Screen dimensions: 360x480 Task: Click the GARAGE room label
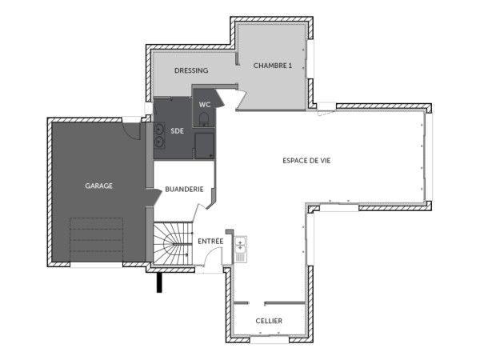click(x=99, y=186)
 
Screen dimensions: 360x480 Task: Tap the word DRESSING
click(x=191, y=70)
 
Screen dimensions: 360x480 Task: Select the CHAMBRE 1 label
click(x=272, y=65)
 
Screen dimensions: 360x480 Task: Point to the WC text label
click(x=205, y=104)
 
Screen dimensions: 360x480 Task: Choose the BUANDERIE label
click(x=184, y=190)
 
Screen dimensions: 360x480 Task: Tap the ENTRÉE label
click(x=210, y=240)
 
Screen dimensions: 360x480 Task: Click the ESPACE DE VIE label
click(x=306, y=160)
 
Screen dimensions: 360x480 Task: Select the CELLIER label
click(x=269, y=321)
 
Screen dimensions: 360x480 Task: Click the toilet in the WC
click(x=206, y=120)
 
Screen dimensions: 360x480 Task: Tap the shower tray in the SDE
click(x=205, y=145)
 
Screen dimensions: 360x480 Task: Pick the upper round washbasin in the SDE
click(x=159, y=128)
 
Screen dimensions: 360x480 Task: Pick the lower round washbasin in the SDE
click(x=159, y=142)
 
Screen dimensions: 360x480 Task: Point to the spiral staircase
click(x=170, y=244)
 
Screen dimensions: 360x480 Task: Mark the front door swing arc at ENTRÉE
click(x=213, y=258)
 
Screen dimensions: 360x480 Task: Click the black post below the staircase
click(x=160, y=282)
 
